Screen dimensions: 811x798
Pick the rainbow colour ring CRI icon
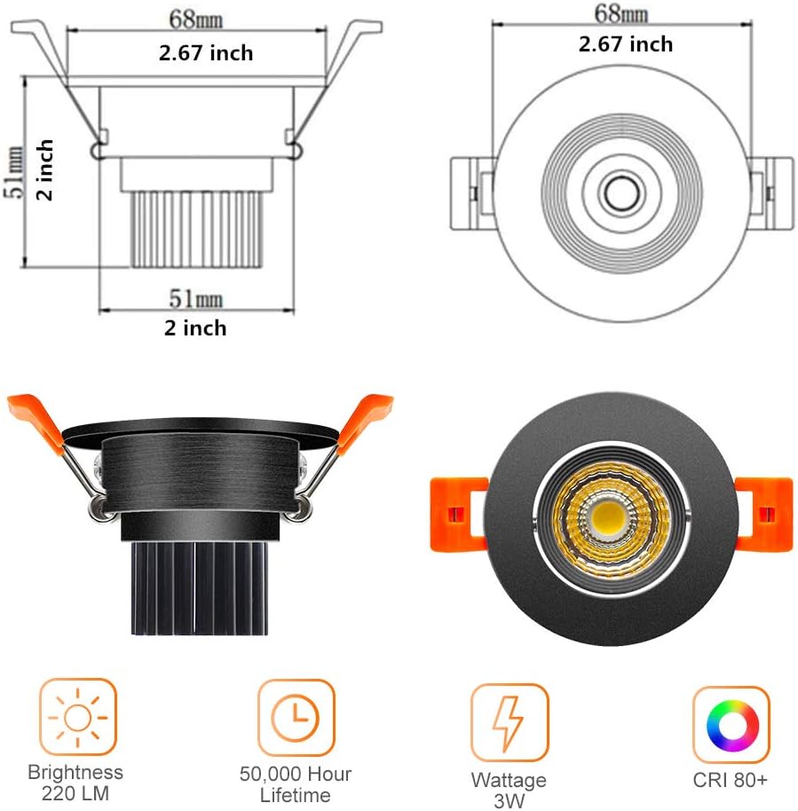pos(731,724)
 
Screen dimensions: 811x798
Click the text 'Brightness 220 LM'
pos(75,783)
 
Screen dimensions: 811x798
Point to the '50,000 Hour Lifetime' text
pos(296,784)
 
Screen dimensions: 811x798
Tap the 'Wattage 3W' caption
pos(510,789)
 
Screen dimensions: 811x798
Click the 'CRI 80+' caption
pos(731,781)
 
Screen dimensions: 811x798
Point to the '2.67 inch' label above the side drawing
pos(206,53)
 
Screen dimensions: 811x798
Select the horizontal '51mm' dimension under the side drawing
pos(196,297)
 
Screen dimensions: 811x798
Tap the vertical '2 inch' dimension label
pos(44,169)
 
